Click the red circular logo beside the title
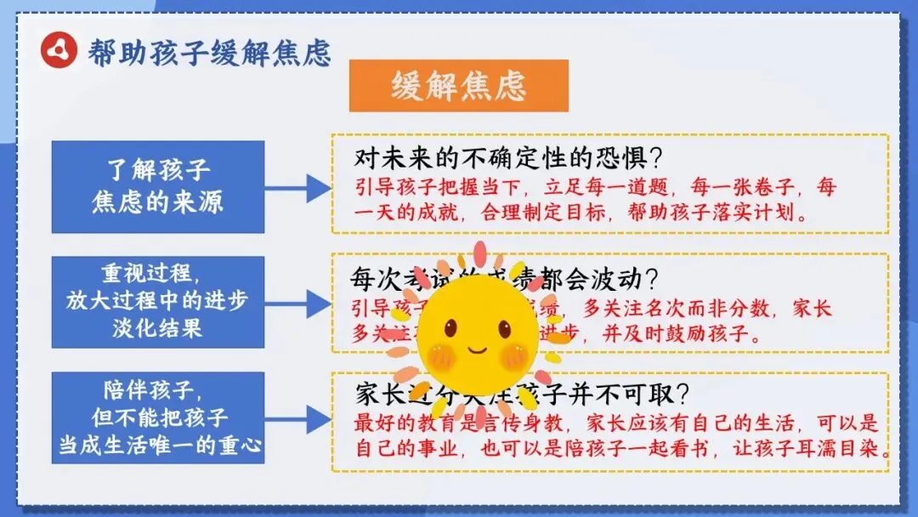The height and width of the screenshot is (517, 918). point(59,50)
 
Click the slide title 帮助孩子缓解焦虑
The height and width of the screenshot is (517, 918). point(208,52)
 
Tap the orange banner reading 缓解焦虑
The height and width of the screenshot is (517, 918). point(458,86)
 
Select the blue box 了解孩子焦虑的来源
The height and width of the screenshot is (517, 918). point(157,186)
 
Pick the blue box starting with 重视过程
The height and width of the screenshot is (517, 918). point(157,301)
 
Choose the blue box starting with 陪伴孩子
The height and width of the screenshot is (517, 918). point(157,417)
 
